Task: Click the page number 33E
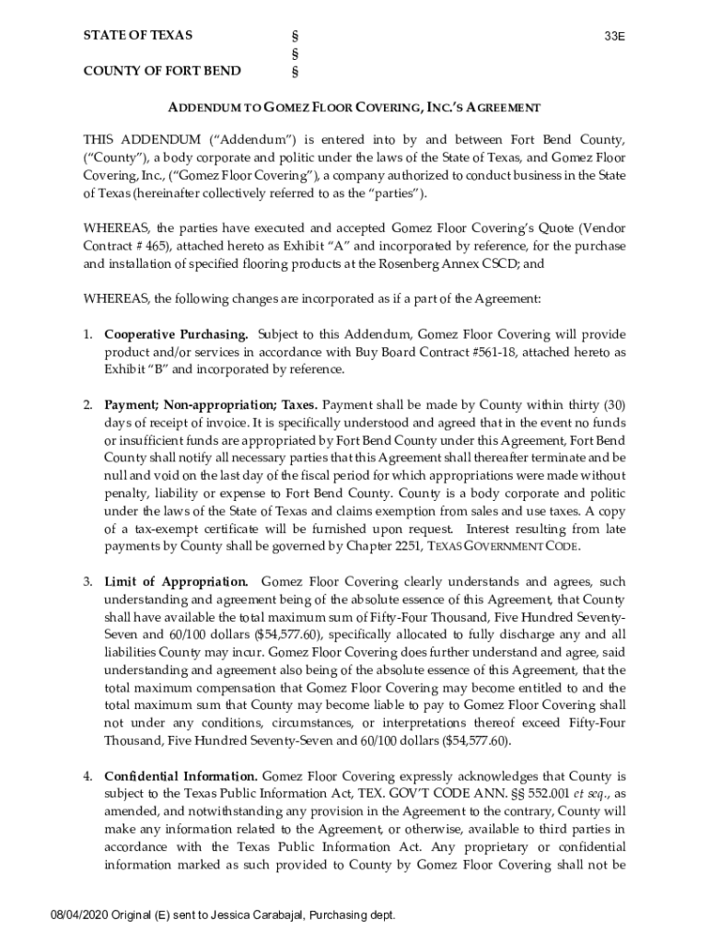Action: tap(614, 37)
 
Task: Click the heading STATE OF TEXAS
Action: tap(138, 36)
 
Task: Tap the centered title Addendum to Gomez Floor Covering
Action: tap(354, 108)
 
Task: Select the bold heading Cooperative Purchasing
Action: tap(176, 334)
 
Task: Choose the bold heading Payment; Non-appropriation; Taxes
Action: tap(212, 404)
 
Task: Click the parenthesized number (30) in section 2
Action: tap(612, 404)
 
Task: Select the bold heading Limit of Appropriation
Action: tap(176, 582)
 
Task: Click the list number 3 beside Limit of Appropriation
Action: tap(87, 582)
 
